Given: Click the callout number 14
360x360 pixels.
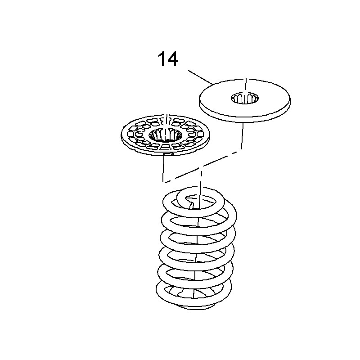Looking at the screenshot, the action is [x=168, y=59].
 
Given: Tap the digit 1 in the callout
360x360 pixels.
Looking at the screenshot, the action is [x=162, y=59].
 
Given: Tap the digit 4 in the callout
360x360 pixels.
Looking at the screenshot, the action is [x=172, y=59].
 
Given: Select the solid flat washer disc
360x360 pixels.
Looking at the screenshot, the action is [x=244, y=100].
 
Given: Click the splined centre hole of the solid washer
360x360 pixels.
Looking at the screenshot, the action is [x=245, y=98].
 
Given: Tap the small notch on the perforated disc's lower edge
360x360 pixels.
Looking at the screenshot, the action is [x=167, y=154].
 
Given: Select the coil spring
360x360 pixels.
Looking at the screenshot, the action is [x=196, y=248].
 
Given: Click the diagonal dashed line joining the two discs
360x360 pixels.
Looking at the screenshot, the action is [x=202, y=166].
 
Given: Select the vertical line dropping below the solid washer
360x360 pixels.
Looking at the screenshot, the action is [x=242, y=135].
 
